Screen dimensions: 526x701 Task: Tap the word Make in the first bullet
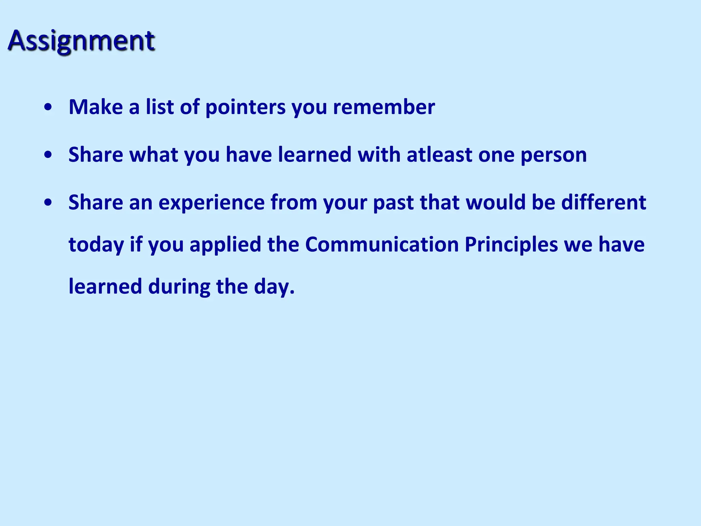tap(96, 107)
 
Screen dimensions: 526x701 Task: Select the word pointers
tap(245, 108)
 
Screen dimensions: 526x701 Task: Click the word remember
tap(384, 107)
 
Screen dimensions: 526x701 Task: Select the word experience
tap(212, 203)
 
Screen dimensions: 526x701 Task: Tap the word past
tap(393, 203)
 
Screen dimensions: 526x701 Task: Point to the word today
tap(96, 246)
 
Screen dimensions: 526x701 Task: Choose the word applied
tap(226, 246)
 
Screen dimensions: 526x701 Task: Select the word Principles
tap(511, 246)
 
